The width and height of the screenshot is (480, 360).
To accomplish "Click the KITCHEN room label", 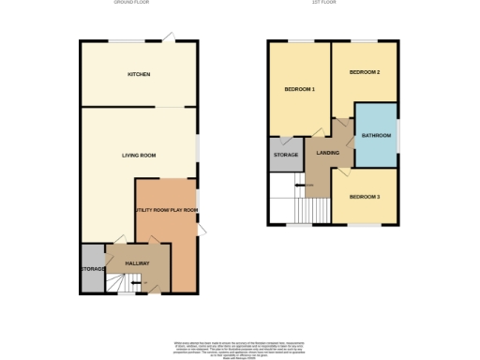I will (x=140, y=74).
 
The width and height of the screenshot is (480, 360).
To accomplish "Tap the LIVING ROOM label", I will (x=139, y=155).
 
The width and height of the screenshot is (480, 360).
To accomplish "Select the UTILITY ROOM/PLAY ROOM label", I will (x=167, y=210).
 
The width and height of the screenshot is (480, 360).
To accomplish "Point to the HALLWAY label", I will (x=138, y=263).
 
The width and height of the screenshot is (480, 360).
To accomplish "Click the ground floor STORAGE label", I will (x=92, y=269).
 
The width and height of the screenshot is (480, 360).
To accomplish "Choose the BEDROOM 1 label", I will (x=299, y=89).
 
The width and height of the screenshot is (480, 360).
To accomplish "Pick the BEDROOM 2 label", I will (x=364, y=72).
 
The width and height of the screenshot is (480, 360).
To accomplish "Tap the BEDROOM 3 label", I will (x=364, y=197).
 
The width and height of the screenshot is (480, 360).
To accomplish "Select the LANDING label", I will (x=327, y=152).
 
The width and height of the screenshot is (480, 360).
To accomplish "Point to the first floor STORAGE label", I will (x=286, y=155).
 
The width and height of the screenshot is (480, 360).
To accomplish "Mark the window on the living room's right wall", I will (x=197, y=147).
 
